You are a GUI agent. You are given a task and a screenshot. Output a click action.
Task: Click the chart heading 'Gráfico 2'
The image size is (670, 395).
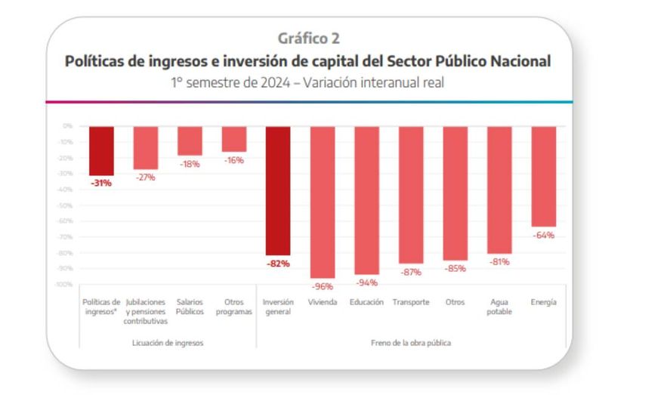coord(308,38)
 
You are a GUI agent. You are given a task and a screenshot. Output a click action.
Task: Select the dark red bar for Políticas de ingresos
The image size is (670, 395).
coord(101,150)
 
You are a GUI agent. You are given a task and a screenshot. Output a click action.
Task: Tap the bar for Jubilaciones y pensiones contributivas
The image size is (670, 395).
coord(145,147)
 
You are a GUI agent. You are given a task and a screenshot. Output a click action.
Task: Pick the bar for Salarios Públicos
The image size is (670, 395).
coord(190,140)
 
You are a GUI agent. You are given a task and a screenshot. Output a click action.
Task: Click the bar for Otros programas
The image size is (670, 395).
coord(233,139)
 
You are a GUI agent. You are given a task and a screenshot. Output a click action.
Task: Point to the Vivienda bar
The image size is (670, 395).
coord(323,202)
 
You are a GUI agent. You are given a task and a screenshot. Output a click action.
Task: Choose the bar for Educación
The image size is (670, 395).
coord(366,200)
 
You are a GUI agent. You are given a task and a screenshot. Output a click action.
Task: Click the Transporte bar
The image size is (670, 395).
coord(411,194)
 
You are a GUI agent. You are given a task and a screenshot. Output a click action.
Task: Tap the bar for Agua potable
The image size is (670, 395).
coord(499,190)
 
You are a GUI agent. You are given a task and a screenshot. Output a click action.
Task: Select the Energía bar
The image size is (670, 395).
coord(544,176)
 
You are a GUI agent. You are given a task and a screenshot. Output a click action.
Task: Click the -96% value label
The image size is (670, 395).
coord(323,286)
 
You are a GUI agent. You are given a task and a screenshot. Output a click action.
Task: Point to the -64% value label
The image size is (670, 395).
coord(544,235)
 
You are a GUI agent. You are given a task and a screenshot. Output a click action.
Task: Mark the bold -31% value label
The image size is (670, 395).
coord(101,183)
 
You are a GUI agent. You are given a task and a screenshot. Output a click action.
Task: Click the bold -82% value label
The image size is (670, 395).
coord(278,264)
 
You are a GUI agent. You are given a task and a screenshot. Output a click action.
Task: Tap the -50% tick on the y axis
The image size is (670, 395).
coord(66,205)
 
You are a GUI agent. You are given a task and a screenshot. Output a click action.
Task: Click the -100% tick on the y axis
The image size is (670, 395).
coord(64,285)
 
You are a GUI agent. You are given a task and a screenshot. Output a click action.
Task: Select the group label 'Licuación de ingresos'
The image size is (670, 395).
coord(168,342)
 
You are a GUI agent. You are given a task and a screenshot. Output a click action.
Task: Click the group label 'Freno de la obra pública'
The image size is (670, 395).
coord(411,342)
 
